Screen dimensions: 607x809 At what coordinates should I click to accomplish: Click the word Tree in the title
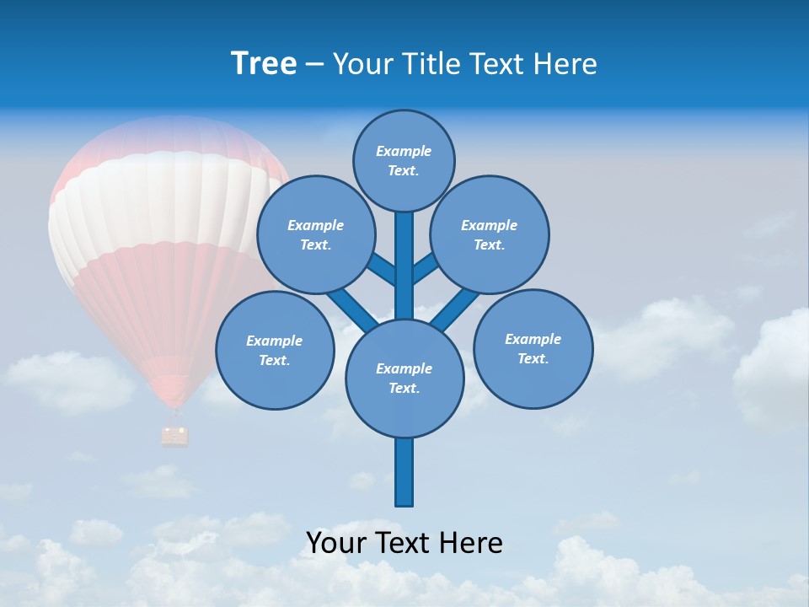264,63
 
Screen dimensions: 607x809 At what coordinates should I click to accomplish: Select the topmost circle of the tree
404,160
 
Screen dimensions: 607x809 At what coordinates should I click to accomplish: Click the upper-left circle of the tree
315,234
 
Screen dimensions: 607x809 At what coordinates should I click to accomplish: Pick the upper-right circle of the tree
490,234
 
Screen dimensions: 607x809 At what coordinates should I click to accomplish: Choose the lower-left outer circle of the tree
274,350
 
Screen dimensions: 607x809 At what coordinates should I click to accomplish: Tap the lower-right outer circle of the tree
533,348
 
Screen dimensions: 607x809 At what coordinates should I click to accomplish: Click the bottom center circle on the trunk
404,378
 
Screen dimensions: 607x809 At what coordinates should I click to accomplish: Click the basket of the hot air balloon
175,435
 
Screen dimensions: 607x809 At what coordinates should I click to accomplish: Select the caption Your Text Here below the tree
404,542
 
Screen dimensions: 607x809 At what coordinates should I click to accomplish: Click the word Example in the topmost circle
404,151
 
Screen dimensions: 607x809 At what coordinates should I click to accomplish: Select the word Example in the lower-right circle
533,339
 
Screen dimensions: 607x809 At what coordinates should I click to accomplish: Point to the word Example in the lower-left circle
274,341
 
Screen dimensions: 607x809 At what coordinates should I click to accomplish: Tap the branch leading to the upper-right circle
426,268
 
